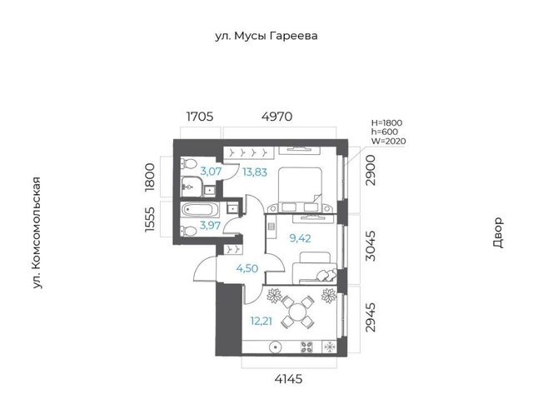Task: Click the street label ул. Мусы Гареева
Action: (x=266, y=36)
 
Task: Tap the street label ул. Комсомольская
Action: (x=37, y=233)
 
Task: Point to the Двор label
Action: (x=497, y=232)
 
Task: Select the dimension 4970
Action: (x=276, y=117)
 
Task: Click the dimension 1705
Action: (x=200, y=117)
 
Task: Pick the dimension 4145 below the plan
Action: (x=288, y=379)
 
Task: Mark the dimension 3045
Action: (x=371, y=246)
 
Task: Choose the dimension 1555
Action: (x=150, y=220)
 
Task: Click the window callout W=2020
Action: (x=389, y=141)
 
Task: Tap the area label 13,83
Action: (x=255, y=172)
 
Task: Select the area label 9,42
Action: (x=300, y=238)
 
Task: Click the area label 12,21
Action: (x=261, y=321)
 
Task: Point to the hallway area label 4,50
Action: (x=247, y=268)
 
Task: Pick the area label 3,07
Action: (x=211, y=171)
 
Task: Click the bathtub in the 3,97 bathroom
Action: (x=198, y=209)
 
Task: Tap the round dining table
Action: (x=298, y=312)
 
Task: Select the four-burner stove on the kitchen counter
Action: (x=307, y=347)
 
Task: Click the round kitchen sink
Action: (x=275, y=347)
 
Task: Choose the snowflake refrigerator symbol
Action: (x=330, y=347)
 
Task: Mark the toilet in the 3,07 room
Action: (x=187, y=163)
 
